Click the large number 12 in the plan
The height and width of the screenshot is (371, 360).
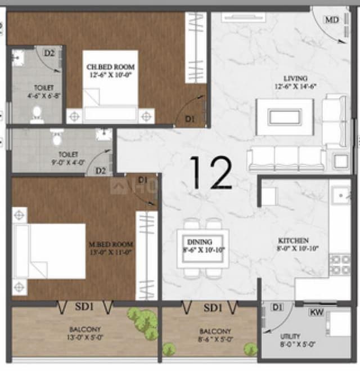[x=211, y=172]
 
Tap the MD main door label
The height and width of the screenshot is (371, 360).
[x=332, y=20]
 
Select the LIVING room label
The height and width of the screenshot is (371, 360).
[x=295, y=78]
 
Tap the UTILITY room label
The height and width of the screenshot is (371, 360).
[x=290, y=336]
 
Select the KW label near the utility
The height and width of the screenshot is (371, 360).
[x=316, y=311]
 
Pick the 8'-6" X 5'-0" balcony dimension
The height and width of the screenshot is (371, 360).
[x=214, y=339]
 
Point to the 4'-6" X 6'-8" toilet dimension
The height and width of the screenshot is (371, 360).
[x=44, y=96]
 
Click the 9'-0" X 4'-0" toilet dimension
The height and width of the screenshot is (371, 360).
[x=68, y=160]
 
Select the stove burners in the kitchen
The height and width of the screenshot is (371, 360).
[x=339, y=265]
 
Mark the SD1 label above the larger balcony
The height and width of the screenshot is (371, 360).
[x=85, y=307]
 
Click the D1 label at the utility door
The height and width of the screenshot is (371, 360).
[x=277, y=307]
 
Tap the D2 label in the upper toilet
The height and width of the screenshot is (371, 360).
[x=49, y=53]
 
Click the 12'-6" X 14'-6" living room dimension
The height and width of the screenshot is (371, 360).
[x=295, y=87]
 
